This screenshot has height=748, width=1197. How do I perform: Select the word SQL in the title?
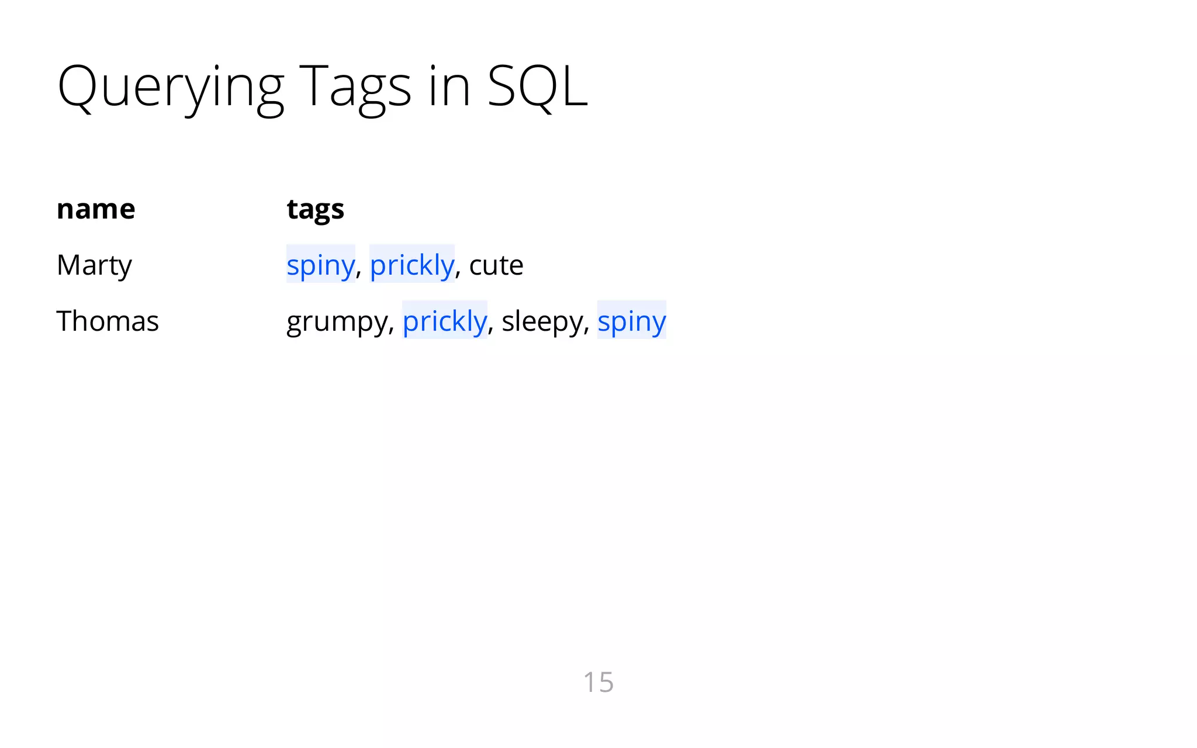537,86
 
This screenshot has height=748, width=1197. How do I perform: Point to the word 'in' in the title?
449,86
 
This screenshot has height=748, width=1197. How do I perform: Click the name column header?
96,209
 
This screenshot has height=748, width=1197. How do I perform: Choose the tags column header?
315,210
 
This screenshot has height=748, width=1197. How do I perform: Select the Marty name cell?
94,265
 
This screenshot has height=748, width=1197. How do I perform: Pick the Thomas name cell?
108,321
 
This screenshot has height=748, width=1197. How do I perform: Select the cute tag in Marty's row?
496,265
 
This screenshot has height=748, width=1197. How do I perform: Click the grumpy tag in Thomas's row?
336,322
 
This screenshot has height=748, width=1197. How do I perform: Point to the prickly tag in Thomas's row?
445,321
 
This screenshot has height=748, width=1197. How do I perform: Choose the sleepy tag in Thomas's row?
542,322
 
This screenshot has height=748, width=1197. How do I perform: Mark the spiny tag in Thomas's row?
631,321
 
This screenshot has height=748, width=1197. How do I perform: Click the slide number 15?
598,682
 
